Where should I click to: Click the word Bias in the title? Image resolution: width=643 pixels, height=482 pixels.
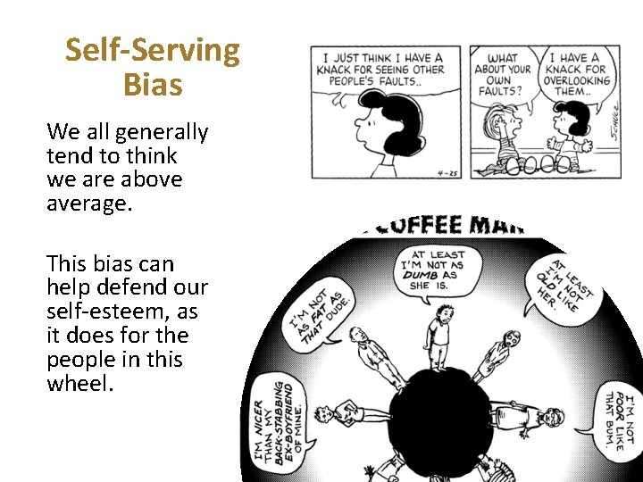click(153, 86)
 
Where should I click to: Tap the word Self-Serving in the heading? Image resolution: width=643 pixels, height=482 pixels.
click(153, 51)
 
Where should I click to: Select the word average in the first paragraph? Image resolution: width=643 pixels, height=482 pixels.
click(88, 203)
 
